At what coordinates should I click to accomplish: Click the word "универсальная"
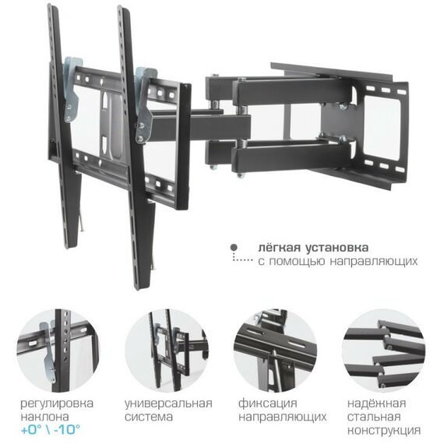(x=168, y=403)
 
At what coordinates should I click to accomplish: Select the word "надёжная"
(x=377, y=403)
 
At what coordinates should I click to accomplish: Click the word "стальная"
(x=377, y=416)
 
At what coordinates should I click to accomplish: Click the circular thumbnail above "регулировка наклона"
(x=58, y=350)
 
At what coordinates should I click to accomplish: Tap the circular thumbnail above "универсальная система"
(x=167, y=350)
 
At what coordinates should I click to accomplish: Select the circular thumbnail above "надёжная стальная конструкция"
(x=382, y=350)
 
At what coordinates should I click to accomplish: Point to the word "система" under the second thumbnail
(x=150, y=417)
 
